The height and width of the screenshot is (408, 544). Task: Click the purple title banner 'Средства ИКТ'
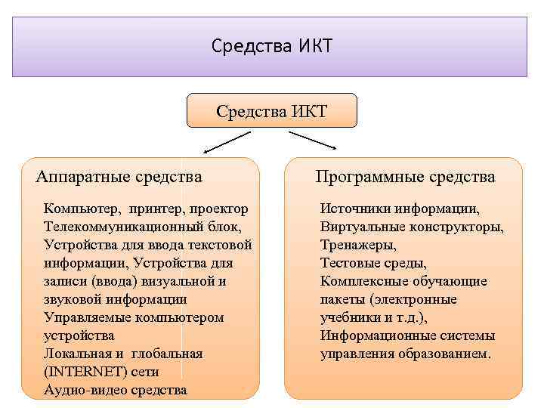[x=270, y=47]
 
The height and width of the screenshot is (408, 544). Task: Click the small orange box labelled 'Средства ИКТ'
[x=271, y=112]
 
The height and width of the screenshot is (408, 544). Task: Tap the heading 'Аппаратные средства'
[x=119, y=177]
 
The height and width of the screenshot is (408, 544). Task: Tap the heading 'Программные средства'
[x=405, y=177]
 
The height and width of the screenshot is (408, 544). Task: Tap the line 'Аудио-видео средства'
[x=115, y=390]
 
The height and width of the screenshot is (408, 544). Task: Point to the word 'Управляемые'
[x=88, y=317]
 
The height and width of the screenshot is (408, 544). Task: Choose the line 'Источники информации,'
[x=400, y=208]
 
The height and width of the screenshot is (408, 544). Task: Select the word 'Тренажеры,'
[x=358, y=245]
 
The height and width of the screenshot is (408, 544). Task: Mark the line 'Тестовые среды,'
[x=373, y=263]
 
